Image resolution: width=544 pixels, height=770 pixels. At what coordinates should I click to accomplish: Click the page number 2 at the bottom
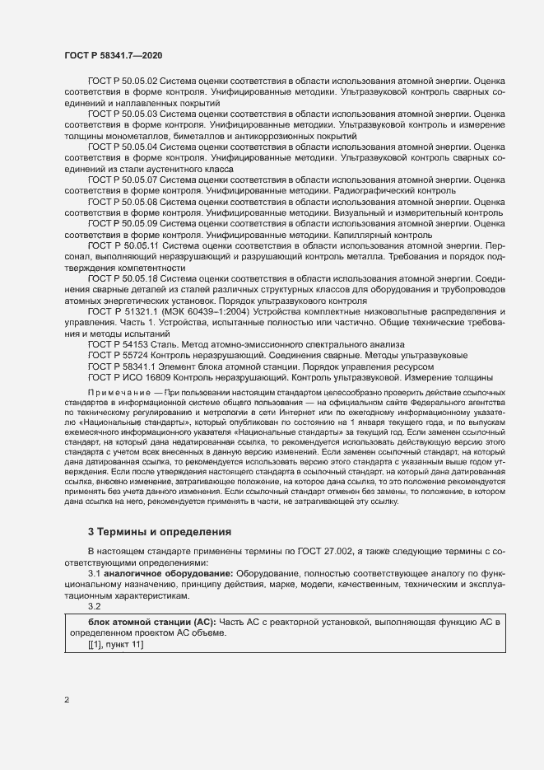67,700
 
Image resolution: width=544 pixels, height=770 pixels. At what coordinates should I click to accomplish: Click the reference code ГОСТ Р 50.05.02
123,82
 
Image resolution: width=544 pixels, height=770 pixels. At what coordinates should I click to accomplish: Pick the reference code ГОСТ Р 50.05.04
123,147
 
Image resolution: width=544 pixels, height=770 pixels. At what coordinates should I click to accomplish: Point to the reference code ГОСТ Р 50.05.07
123,179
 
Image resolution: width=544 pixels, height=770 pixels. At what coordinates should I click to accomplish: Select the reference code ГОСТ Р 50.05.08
123,201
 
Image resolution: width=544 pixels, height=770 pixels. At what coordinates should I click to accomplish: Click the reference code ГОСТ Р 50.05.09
123,222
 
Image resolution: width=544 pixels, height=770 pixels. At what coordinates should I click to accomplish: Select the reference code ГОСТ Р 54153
117,344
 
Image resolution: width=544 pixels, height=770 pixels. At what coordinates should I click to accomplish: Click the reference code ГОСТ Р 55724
117,355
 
